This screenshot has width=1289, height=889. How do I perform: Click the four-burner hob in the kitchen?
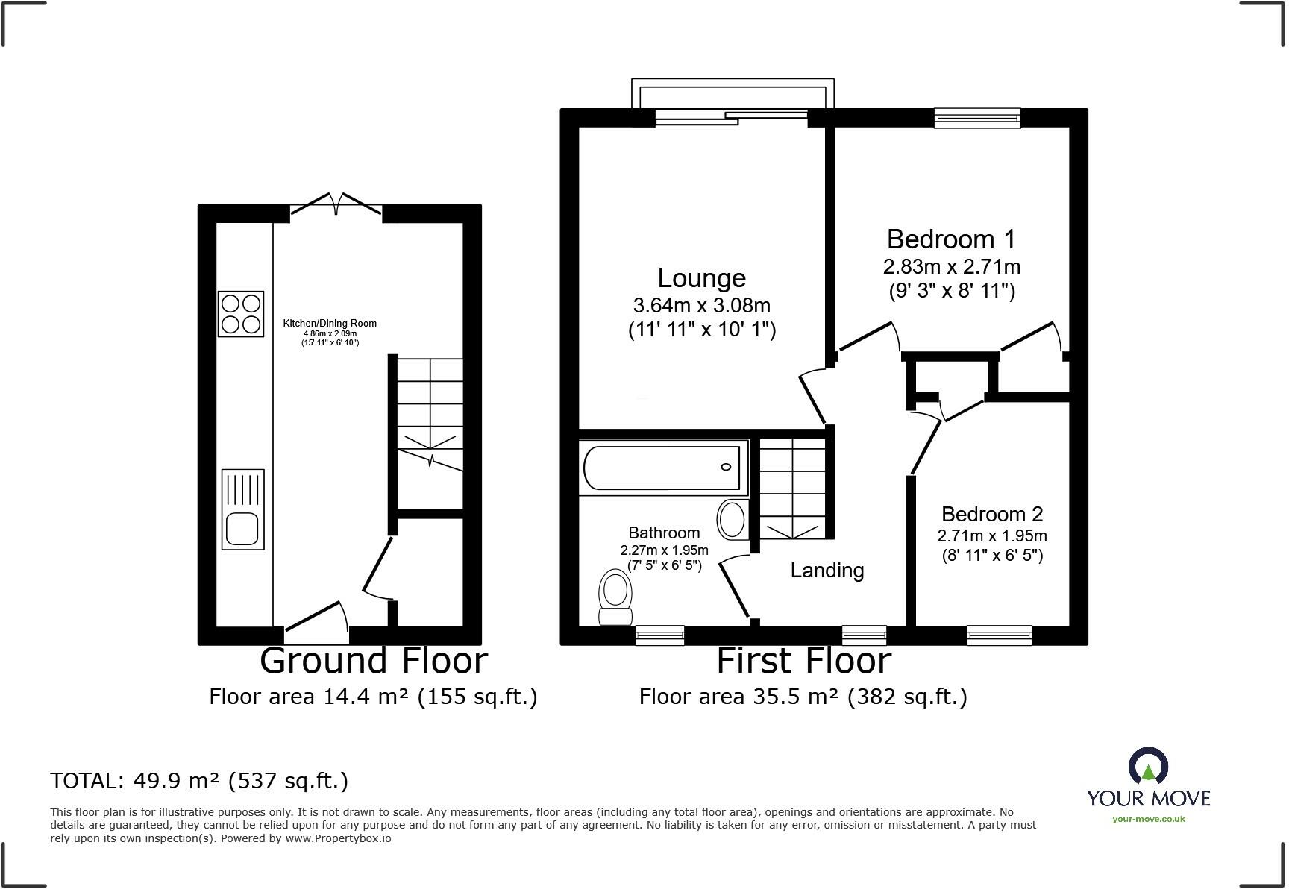coord(241,314)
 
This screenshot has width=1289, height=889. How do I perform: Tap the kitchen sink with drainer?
coord(242,509)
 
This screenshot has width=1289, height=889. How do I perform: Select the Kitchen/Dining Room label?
coord(330,323)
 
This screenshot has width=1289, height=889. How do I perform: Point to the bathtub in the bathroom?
coord(662,468)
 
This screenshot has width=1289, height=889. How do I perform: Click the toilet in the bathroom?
coord(615,597)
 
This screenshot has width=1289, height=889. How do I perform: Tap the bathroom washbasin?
coord(733,520)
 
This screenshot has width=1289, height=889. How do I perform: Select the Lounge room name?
coord(701,278)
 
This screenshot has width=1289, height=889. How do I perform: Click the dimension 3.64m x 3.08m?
coord(701,306)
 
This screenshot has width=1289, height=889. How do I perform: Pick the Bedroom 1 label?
coord(951,239)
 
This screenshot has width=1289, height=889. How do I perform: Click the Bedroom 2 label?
coord(991,514)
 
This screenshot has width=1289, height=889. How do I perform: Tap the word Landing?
coord(827,571)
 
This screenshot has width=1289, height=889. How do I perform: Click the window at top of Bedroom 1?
coord(977,117)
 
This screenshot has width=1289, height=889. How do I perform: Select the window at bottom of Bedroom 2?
coord(999,635)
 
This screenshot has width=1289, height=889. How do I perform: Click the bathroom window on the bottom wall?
coord(659,635)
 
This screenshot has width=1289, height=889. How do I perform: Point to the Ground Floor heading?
coord(373,661)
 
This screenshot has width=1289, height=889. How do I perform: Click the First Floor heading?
coord(803,661)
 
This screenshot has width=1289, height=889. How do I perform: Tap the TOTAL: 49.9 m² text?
coord(199,781)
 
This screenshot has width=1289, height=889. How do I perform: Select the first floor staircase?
coord(792,489)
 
